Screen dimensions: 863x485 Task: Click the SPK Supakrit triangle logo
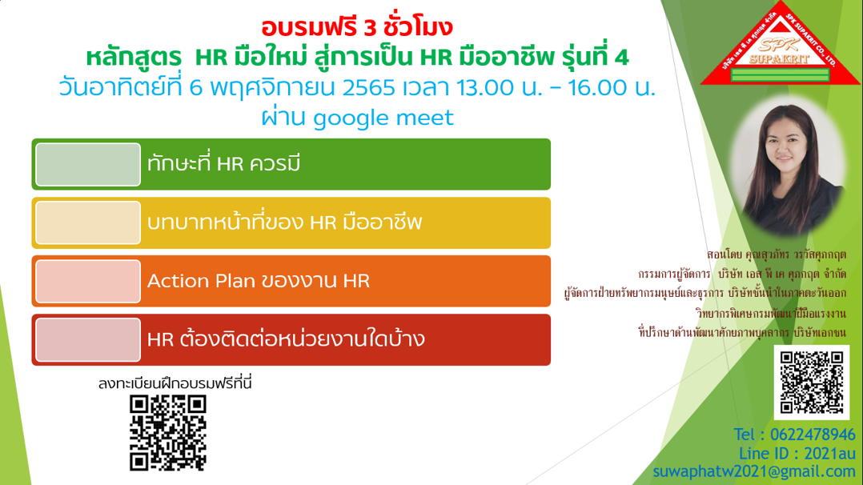pos(780,46)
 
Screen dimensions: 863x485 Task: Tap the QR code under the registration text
pos(168,433)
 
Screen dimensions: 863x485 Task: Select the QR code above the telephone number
pos(811,382)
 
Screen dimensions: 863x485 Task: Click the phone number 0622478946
pos(813,435)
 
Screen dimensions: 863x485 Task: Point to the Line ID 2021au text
pos(797,454)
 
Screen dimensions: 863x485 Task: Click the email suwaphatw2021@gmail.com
pos(754,471)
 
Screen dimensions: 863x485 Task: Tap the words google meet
pos(383,118)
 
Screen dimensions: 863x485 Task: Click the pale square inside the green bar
pos(88,165)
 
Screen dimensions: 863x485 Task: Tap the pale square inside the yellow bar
pos(88,223)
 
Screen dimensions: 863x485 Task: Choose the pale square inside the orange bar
pos(88,281)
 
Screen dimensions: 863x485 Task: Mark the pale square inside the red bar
pos(88,339)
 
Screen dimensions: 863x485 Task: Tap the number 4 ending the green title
pos(622,58)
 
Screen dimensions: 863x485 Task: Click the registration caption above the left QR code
pos(175,383)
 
